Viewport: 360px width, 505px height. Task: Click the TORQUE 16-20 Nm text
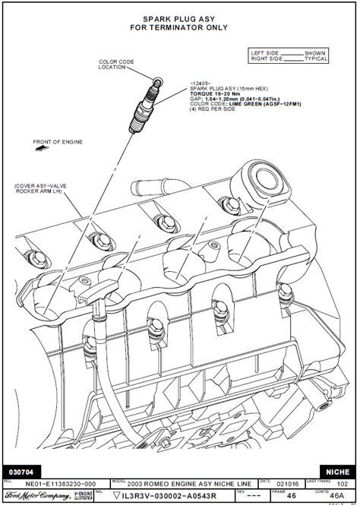(216, 93)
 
